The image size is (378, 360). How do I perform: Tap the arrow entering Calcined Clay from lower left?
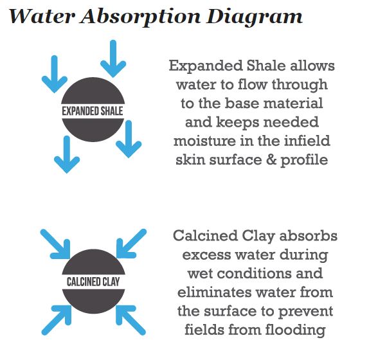click(55, 319)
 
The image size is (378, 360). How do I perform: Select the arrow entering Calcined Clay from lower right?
click(131, 319)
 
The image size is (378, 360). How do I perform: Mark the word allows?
click(312, 66)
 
